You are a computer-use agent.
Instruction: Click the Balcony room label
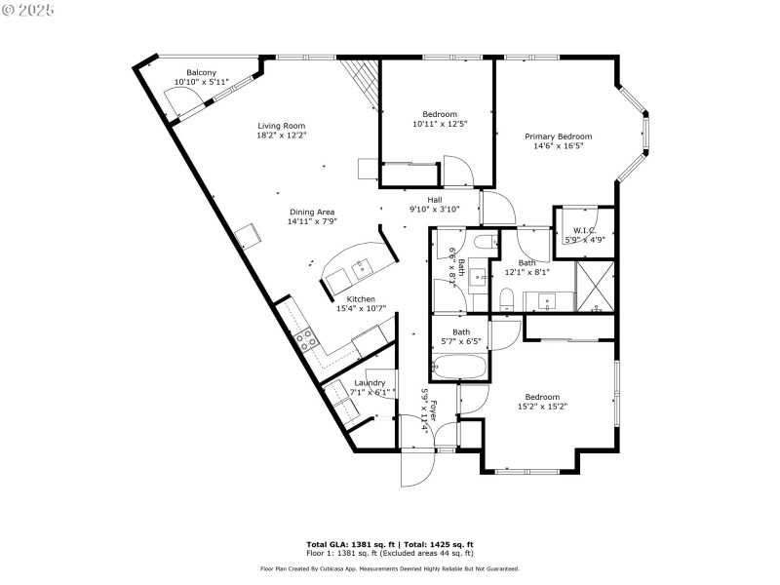click(202, 73)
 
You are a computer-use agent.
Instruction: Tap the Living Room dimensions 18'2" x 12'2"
click(282, 136)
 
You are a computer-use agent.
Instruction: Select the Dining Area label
click(312, 212)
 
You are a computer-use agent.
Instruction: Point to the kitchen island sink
click(363, 265)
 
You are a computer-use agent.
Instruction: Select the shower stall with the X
click(595, 289)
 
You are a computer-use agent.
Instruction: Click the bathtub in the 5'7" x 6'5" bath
click(460, 367)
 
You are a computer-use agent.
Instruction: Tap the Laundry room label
click(370, 383)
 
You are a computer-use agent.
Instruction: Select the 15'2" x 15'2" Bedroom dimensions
click(542, 407)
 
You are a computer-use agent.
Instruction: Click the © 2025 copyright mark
click(28, 9)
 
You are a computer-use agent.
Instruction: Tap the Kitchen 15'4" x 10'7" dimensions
click(361, 309)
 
